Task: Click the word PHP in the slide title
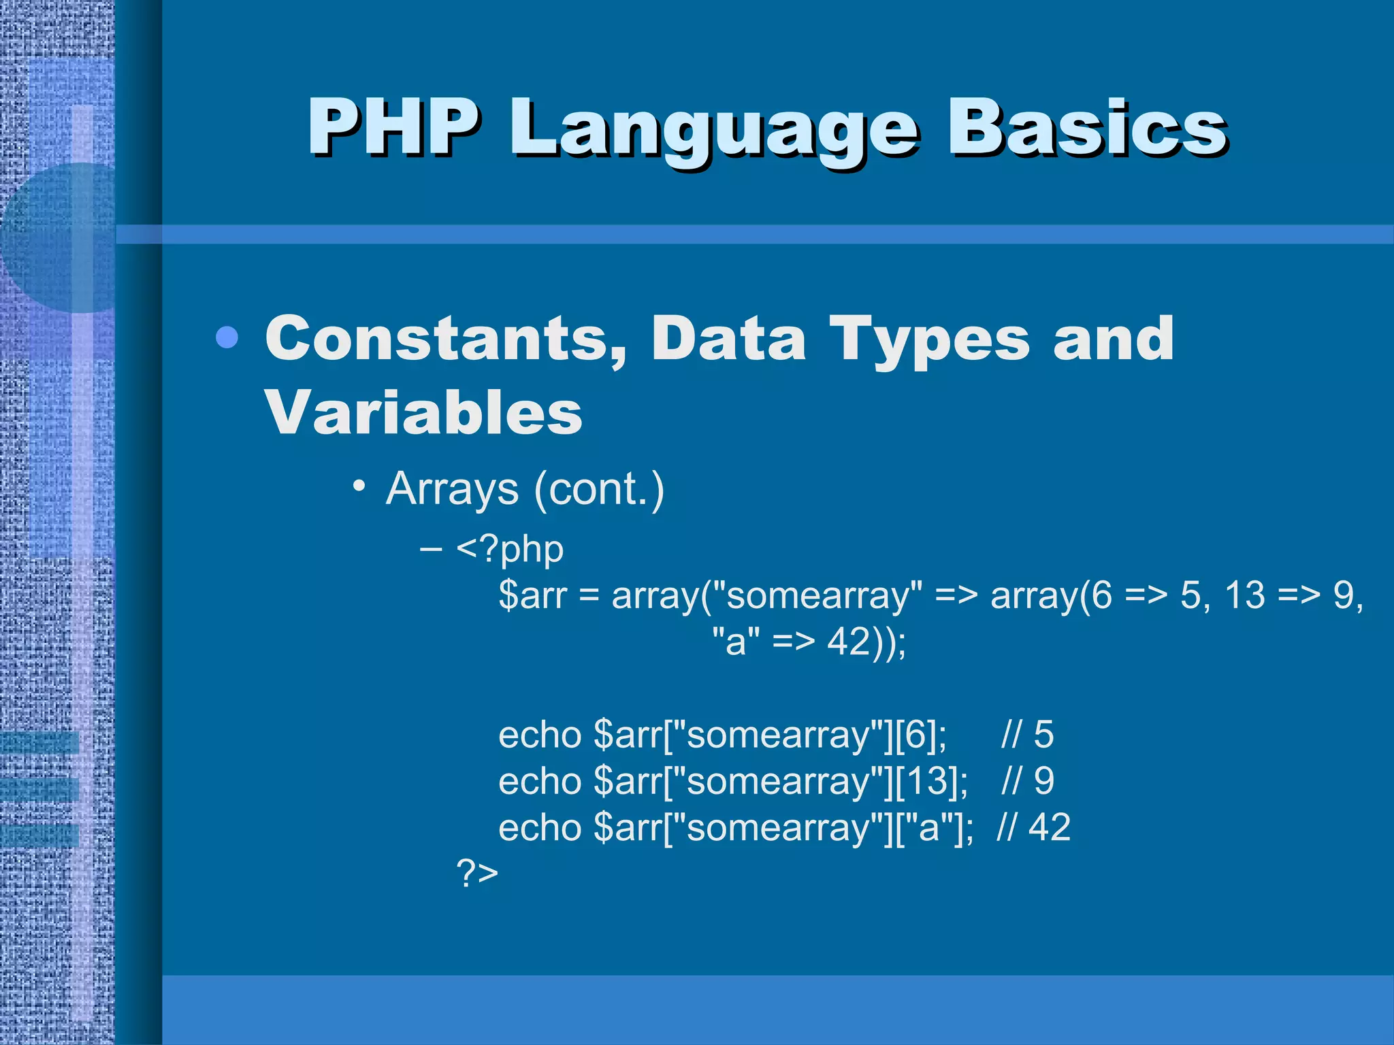pos(393,127)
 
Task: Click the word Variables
pos(423,413)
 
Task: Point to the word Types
pos(928,340)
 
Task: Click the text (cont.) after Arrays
pos(599,489)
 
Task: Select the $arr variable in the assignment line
pos(532,595)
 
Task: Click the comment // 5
pos(1027,735)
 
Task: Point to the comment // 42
pos(1033,827)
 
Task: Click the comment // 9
pos(1027,781)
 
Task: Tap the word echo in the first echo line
pos(540,735)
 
